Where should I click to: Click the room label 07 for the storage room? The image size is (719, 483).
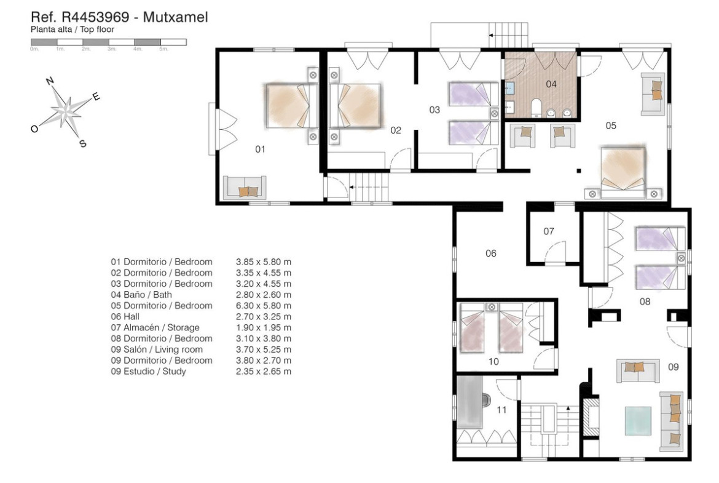click(549, 231)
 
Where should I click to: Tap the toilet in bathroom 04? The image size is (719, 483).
click(536, 108)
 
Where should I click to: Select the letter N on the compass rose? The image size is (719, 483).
click(50, 81)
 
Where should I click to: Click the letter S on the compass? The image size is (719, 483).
click(83, 144)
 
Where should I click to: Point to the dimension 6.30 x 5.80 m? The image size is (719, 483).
click(264, 305)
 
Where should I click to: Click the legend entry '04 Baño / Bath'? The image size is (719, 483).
click(141, 294)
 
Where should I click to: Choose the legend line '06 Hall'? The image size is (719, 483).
click(125, 316)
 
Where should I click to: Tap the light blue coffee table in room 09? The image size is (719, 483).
click(638, 421)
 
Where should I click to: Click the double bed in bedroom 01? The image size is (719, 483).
click(292, 106)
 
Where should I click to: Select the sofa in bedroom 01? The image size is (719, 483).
click(245, 188)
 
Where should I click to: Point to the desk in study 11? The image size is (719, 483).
click(470, 402)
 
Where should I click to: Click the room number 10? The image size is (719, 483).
click(493, 361)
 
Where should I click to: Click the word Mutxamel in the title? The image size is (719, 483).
click(176, 17)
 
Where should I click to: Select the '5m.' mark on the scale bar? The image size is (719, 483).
click(163, 49)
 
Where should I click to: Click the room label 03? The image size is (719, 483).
click(434, 110)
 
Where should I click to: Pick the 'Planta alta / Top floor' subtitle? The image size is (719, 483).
click(73, 30)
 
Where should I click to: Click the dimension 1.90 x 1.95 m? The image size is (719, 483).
click(264, 327)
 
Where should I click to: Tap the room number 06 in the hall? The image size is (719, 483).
click(490, 253)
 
